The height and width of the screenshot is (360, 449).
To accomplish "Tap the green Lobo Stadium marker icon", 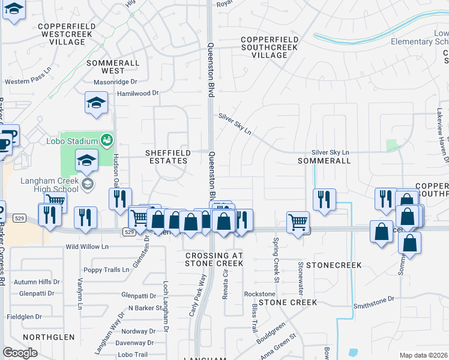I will click(107, 140).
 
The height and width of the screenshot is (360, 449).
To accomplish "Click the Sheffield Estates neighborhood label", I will click(168, 157).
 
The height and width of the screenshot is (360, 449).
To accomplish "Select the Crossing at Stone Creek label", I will click(214, 259).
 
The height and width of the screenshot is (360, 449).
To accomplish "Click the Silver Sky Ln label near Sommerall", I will click(330, 153).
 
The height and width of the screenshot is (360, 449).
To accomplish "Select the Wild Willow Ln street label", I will click(87, 247).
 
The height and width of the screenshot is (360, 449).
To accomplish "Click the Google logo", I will click(20, 353).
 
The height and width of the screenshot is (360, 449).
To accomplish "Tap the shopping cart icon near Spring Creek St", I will click(298, 223).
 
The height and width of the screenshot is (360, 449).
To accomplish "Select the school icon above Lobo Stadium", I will click(96, 103).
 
